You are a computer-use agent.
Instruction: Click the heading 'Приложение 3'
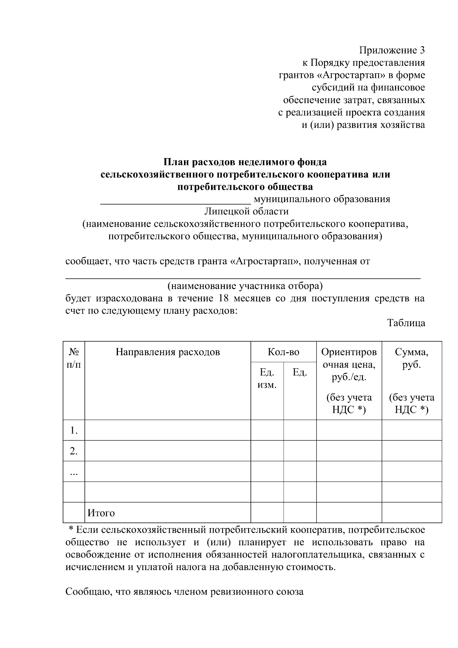pyautogui.click(x=392, y=50)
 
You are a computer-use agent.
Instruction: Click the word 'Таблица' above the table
pyautogui.click(x=406, y=323)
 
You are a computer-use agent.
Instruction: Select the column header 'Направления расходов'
pyautogui.click(x=168, y=352)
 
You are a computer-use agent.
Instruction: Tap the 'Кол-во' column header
pyautogui.click(x=283, y=352)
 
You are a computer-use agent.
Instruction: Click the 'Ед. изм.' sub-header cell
pyautogui.click(x=267, y=378)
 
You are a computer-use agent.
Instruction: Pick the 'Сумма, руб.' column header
pyautogui.click(x=411, y=358)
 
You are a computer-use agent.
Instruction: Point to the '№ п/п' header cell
pyautogui.click(x=74, y=358)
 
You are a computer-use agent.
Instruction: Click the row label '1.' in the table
pyautogui.click(x=74, y=431)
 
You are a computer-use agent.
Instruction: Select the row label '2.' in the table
pyautogui.click(x=74, y=451)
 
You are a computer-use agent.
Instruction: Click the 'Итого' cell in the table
pyautogui.click(x=101, y=513)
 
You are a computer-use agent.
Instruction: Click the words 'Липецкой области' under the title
pyautogui.click(x=246, y=211)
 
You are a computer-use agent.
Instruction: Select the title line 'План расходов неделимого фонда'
pyautogui.click(x=245, y=162)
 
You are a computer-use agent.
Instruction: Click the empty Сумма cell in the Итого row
pyautogui.click(x=411, y=512)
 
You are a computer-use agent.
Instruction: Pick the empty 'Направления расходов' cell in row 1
pyautogui.click(x=168, y=430)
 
